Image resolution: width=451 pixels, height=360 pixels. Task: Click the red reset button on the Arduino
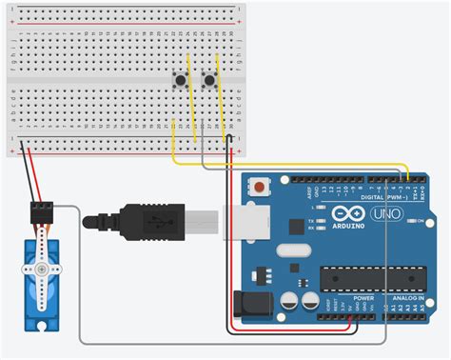[256, 187]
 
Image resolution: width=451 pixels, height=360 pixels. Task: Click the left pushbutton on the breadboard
[178, 80]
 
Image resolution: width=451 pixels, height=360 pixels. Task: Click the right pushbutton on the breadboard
[209, 80]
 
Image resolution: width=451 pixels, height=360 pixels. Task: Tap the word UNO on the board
[386, 213]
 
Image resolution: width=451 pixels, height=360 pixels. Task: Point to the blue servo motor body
[45, 286]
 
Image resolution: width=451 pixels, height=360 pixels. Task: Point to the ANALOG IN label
[407, 297]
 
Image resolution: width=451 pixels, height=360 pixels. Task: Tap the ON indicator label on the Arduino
[420, 221]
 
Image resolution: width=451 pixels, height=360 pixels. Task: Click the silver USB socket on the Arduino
[245, 222]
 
